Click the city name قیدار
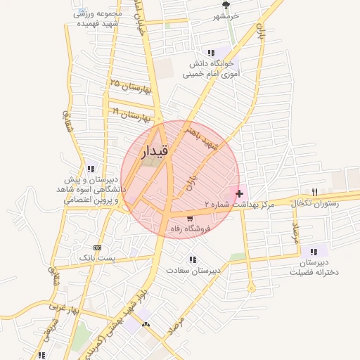155,151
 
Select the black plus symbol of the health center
240,193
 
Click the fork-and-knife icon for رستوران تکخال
314,192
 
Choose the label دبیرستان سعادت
193,270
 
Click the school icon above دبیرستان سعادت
193,259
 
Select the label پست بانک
97,259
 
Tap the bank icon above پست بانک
97,247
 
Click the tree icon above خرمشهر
226,5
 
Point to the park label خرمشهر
226,15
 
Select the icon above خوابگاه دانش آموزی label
211,53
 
